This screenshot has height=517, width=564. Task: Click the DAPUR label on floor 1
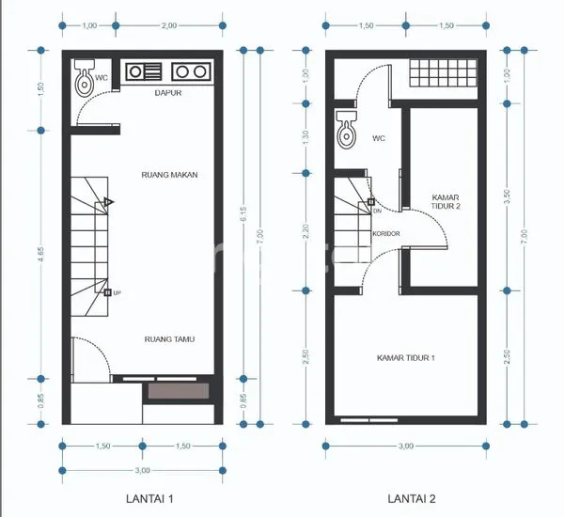[x=168, y=94]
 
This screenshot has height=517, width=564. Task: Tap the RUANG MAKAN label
[x=168, y=174]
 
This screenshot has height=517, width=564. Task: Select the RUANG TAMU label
[x=169, y=339]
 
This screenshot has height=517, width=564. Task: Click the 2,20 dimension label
[x=305, y=231]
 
